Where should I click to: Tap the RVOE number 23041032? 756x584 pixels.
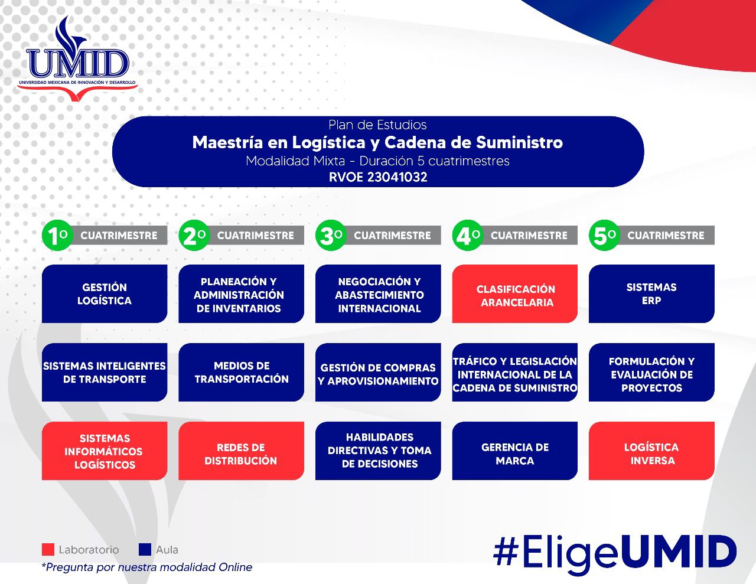point(378,177)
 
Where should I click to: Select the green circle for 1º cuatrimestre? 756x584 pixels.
point(57,236)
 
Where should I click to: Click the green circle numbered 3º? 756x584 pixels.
point(330,236)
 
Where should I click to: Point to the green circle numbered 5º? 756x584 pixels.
point(604,236)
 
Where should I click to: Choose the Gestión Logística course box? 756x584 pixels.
point(105,293)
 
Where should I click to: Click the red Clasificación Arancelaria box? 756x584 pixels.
point(515,293)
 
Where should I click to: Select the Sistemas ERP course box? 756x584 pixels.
point(651,293)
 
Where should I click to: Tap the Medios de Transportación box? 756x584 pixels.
point(241,372)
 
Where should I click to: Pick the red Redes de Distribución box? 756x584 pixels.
point(241,451)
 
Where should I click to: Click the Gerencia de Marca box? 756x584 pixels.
point(515,451)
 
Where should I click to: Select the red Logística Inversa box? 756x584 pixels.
point(651,451)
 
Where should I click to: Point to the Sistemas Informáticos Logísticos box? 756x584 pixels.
point(105,451)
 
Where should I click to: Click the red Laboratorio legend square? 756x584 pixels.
point(48,550)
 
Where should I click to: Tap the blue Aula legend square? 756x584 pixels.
point(145,550)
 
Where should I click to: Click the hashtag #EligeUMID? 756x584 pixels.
point(614,553)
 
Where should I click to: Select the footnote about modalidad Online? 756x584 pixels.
point(146,567)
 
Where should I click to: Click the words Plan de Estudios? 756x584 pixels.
point(377,125)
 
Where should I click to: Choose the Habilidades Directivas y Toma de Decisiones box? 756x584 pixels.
point(378,451)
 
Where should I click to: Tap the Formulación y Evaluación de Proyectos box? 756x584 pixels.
point(651,372)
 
